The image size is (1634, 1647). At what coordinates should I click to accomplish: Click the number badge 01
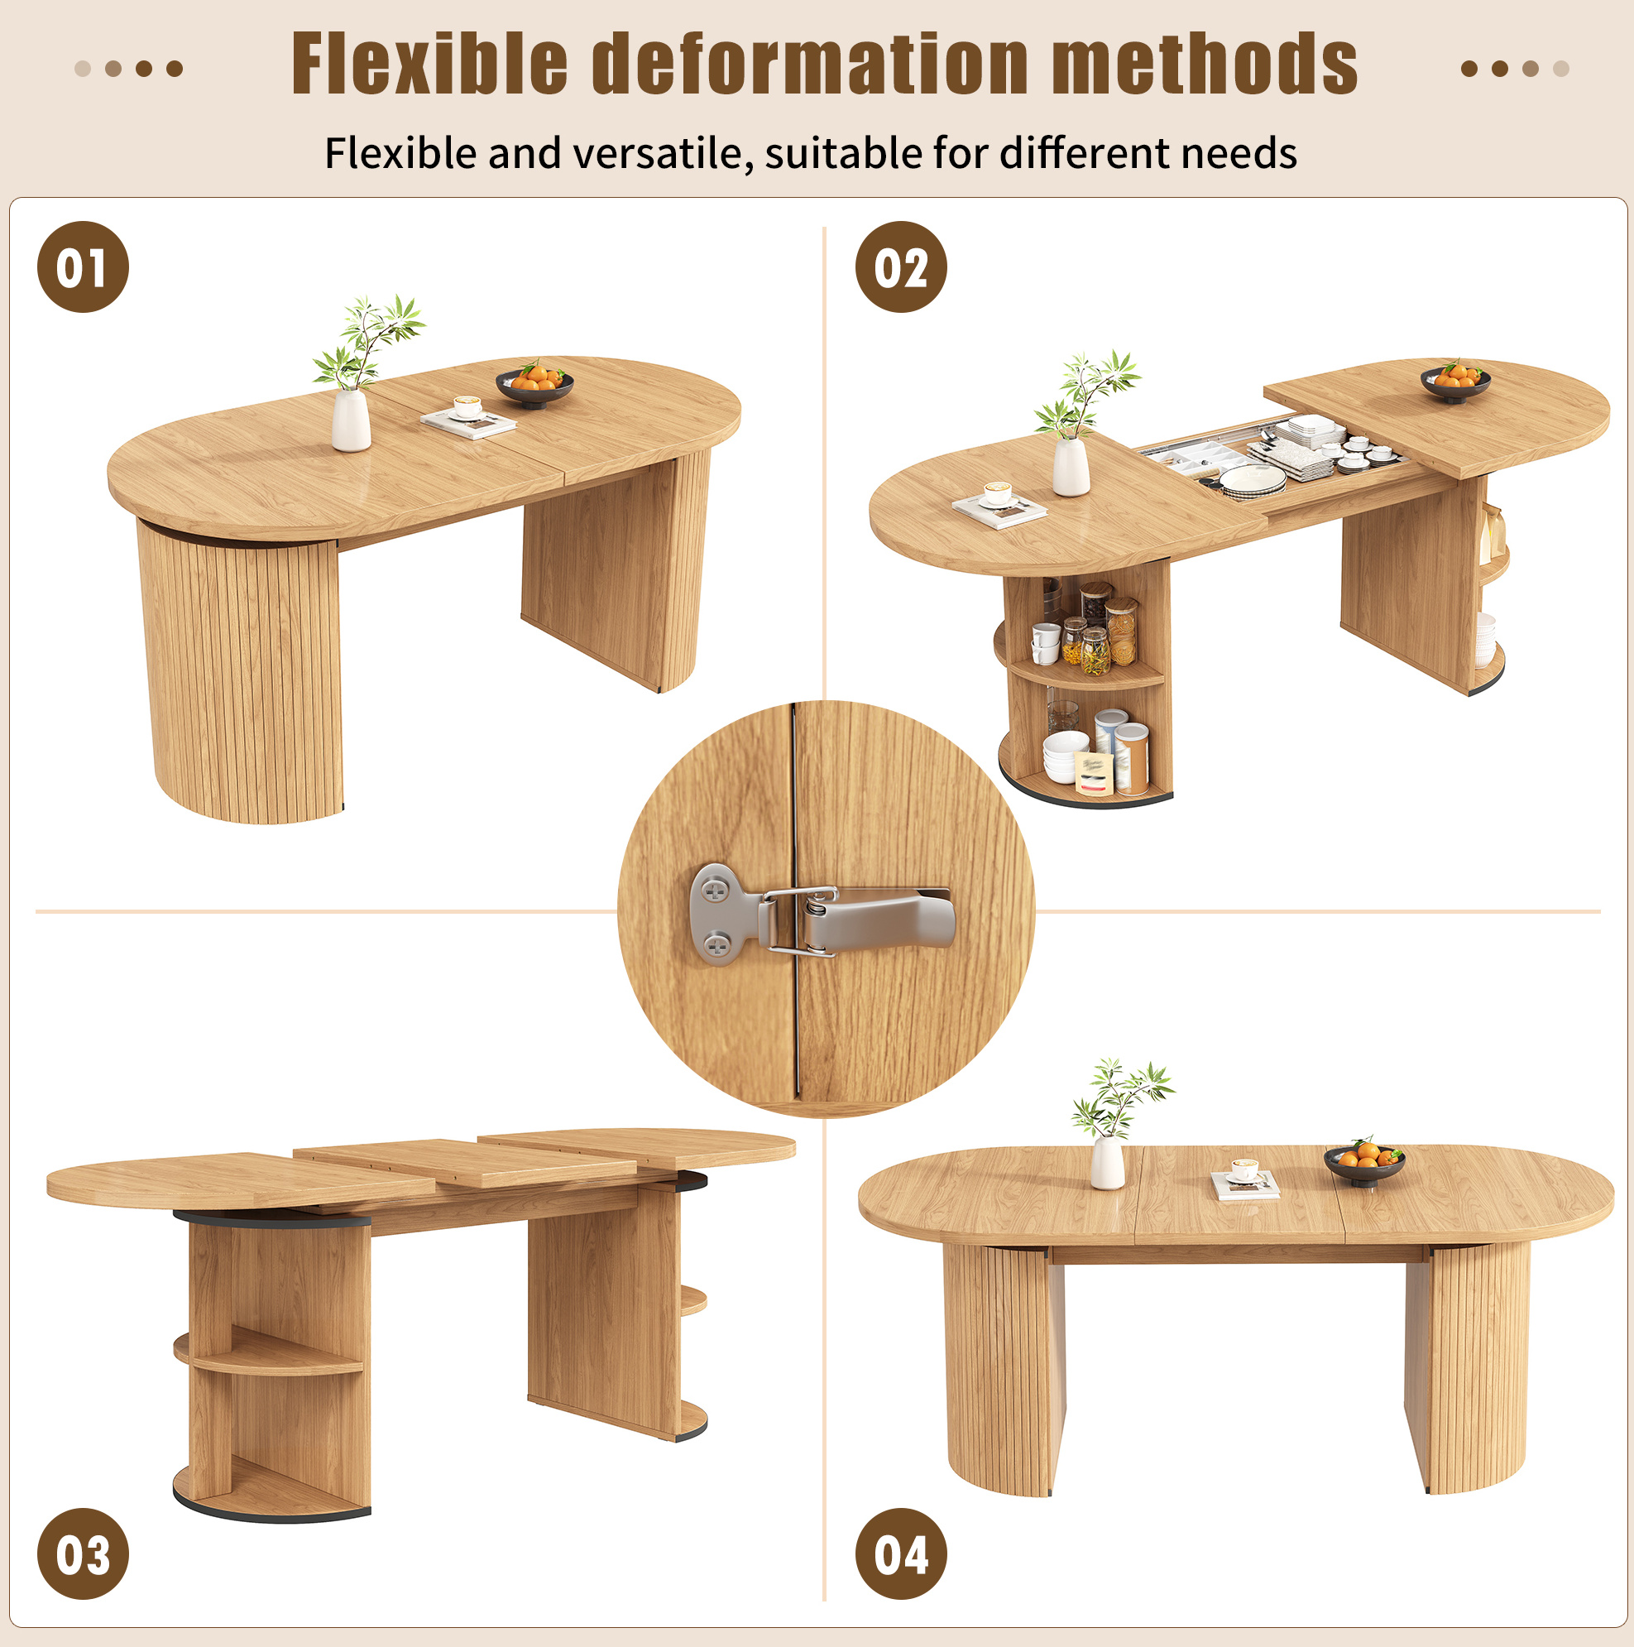(x=83, y=266)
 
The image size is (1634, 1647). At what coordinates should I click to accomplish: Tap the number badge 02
(x=900, y=266)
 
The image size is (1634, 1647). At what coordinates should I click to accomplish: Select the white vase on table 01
(x=350, y=420)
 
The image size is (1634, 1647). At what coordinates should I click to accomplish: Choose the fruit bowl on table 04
(x=1363, y=1163)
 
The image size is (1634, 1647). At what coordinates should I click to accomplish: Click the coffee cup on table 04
(x=1244, y=1169)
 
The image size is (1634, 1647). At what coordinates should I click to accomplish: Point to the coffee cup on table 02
(x=997, y=493)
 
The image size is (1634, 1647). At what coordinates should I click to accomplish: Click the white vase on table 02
(x=1071, y=466)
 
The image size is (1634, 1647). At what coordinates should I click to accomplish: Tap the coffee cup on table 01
(x=467, y=406)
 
